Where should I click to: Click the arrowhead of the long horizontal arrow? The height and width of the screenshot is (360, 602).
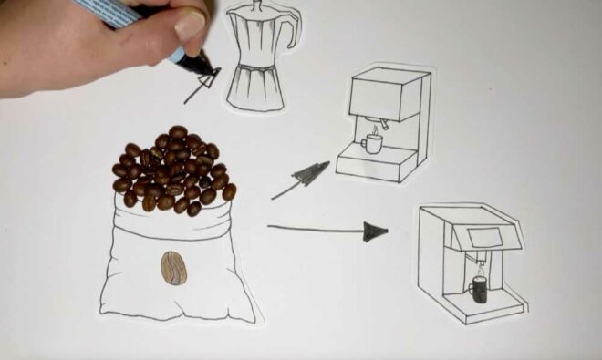[375, 231]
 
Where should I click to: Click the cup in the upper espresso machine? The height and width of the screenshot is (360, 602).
[372, 142]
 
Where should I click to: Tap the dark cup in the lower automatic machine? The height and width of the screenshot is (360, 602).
[478, 290]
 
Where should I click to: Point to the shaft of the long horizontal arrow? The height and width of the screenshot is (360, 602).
[315, 228]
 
